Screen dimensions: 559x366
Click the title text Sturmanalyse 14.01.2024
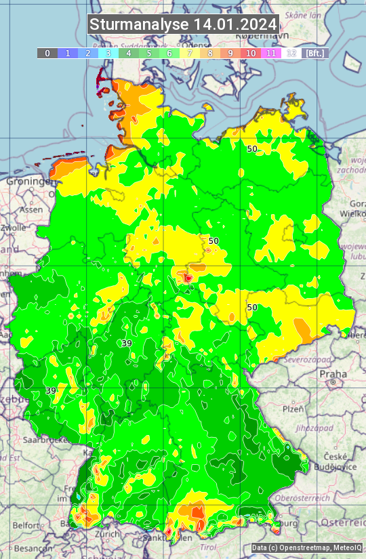click(x=183, y=24)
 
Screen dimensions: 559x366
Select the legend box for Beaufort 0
click(x=47, y=53)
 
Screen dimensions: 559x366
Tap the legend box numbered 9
click(x=230, y=53)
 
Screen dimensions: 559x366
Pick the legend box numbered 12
click(x=291, y=53)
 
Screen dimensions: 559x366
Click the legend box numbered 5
click(x=149, y=53)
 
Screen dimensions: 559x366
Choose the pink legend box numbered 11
click(x=271, y=53)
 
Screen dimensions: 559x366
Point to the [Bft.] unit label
click(x=314, y=53)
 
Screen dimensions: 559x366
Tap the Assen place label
click(x=31, y=210)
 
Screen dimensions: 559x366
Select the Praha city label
click(x=333, y=374)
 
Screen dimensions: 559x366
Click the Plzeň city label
click(x=293, y=409)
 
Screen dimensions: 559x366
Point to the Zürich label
click(x=108, y=533)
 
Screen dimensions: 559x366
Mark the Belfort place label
click(x=26, y=525)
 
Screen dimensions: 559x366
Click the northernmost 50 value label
click(x=252, y=149)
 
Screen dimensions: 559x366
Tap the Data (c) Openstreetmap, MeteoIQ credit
click(x=306, y=548)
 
